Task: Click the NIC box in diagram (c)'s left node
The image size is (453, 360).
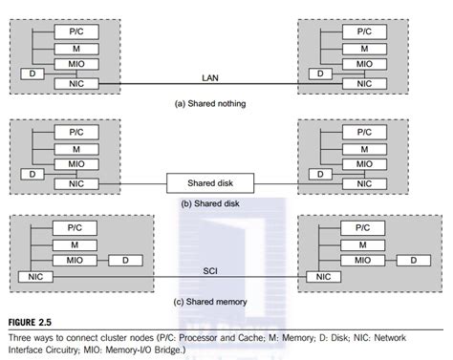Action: point(34,277)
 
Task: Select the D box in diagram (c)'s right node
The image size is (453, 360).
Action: point(413,260)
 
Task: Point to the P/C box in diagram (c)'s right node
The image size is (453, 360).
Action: point(363,228)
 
